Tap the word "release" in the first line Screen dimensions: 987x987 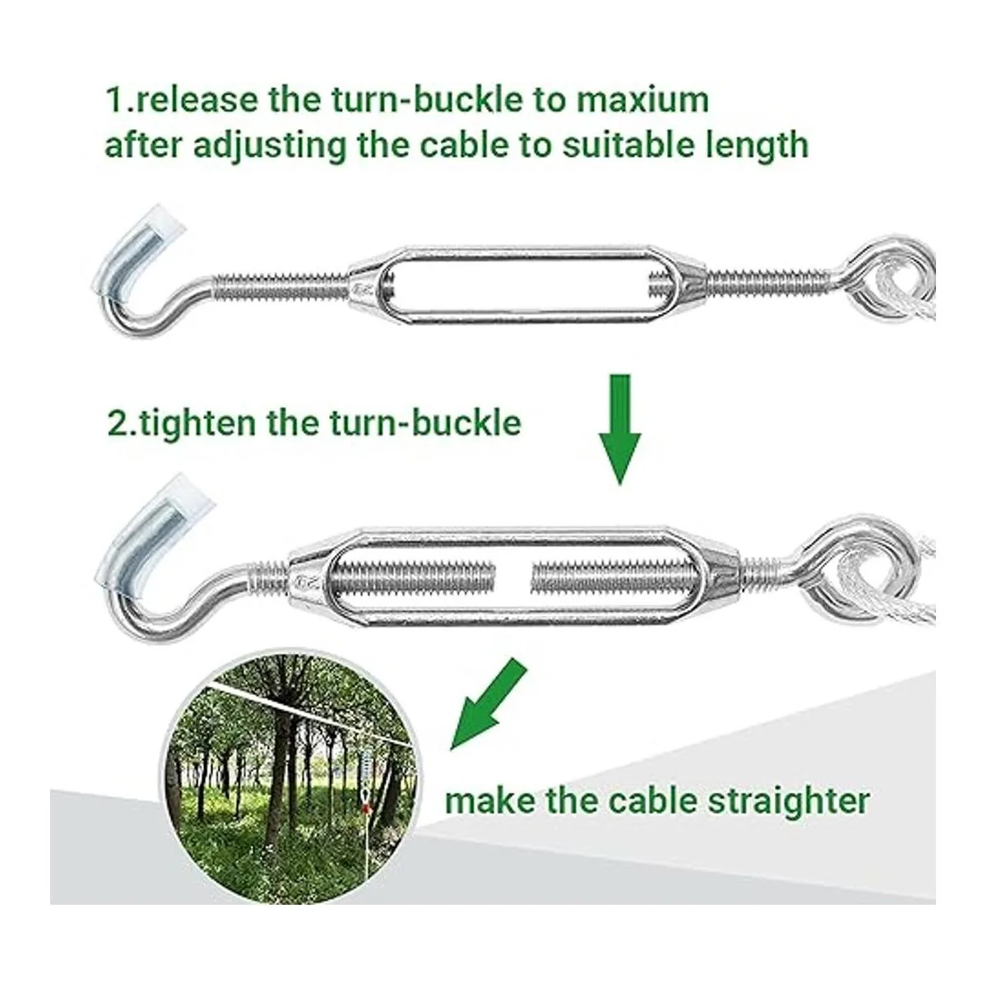pos(197,100)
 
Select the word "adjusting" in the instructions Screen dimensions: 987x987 pos(271,146)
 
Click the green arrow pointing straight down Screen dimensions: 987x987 pos(620,429)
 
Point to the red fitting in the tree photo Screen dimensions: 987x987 pos(364,809)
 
